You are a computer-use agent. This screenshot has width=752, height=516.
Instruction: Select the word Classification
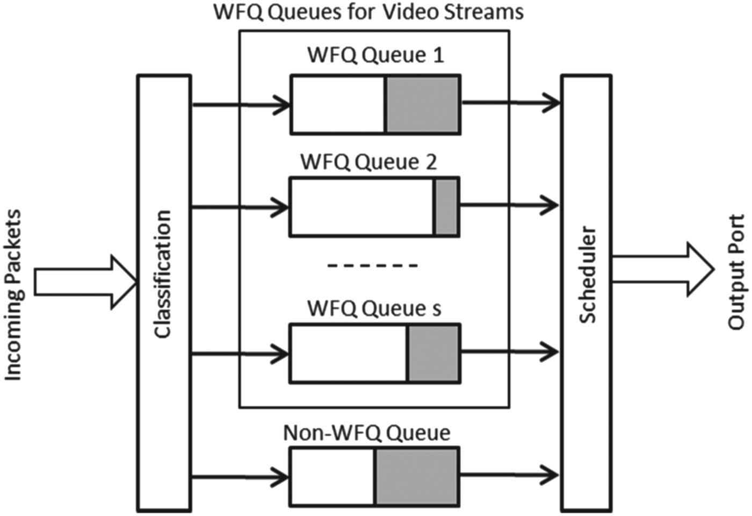click(163, 274)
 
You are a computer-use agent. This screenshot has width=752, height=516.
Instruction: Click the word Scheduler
click(588, 274)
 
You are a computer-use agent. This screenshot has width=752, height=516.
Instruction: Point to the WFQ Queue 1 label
click(375, 55)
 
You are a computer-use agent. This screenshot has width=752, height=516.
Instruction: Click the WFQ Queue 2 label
click(368, 162)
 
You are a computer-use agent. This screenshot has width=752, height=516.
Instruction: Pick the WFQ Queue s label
click(374, 309)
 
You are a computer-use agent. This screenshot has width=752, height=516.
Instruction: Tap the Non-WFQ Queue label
click(366, 433)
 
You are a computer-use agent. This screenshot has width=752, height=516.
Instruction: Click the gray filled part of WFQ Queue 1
click(423, 104)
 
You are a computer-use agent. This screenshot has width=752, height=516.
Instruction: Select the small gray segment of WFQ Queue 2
click(446, 207)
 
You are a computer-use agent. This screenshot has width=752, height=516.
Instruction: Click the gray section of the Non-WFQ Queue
click(417, 477)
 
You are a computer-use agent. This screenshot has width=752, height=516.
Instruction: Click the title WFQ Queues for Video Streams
click(368, 12)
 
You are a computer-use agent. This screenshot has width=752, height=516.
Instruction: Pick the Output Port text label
click(736, 271)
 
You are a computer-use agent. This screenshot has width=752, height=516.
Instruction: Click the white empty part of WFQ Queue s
click(348, 353)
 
